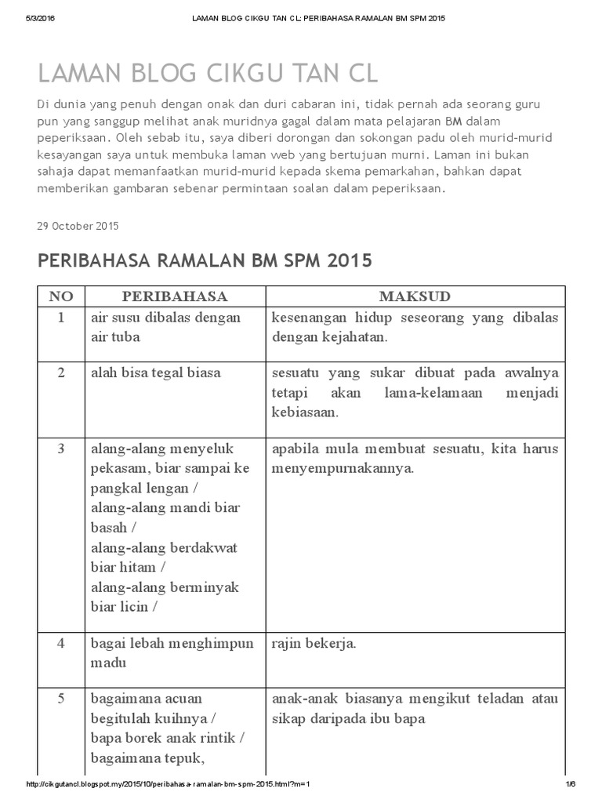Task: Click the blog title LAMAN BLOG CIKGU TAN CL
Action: pos(208,74)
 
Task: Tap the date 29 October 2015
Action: pos(78,226)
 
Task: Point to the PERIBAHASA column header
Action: pos(174,296)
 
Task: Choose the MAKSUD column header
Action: pos(415,296)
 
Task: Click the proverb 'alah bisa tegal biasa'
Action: pos(156,372)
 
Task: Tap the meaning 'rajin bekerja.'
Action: pos(314,643)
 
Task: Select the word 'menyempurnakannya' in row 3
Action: pos(339,469)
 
